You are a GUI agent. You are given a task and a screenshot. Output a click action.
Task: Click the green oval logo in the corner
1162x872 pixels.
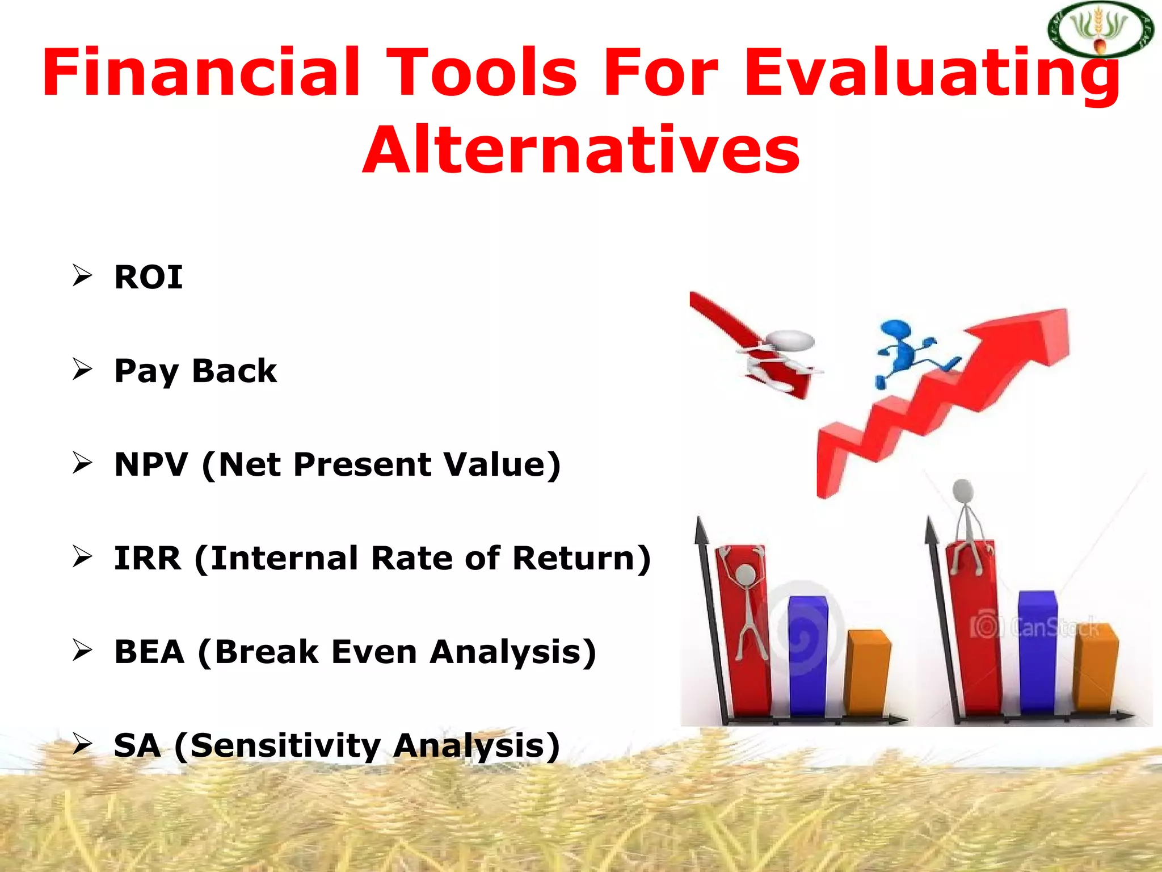tap(1100, 30)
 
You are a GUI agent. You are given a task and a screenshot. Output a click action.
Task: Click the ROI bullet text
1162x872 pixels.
tap(149, 278)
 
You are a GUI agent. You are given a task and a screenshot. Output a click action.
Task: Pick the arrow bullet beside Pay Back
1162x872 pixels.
tap(82, 370)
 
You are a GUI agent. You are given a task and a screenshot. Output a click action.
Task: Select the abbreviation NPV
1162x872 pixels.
tap(151, 464)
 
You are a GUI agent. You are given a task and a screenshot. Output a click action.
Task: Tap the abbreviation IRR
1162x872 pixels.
tap(148, 558)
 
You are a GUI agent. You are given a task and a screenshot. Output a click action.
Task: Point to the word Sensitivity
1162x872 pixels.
tap(285, 745)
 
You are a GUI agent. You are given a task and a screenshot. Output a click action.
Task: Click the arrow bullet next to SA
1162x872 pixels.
tap(82, 744)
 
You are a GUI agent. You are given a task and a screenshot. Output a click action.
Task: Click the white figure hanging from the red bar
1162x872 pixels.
tap(748, 607)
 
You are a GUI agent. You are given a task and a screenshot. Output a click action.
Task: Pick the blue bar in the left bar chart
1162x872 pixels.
tap(807, 656)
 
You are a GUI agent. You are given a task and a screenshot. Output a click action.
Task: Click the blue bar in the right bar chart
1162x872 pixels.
tap(1037, 653)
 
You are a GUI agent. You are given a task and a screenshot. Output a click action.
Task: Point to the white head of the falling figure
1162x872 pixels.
tap(790, 340)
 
